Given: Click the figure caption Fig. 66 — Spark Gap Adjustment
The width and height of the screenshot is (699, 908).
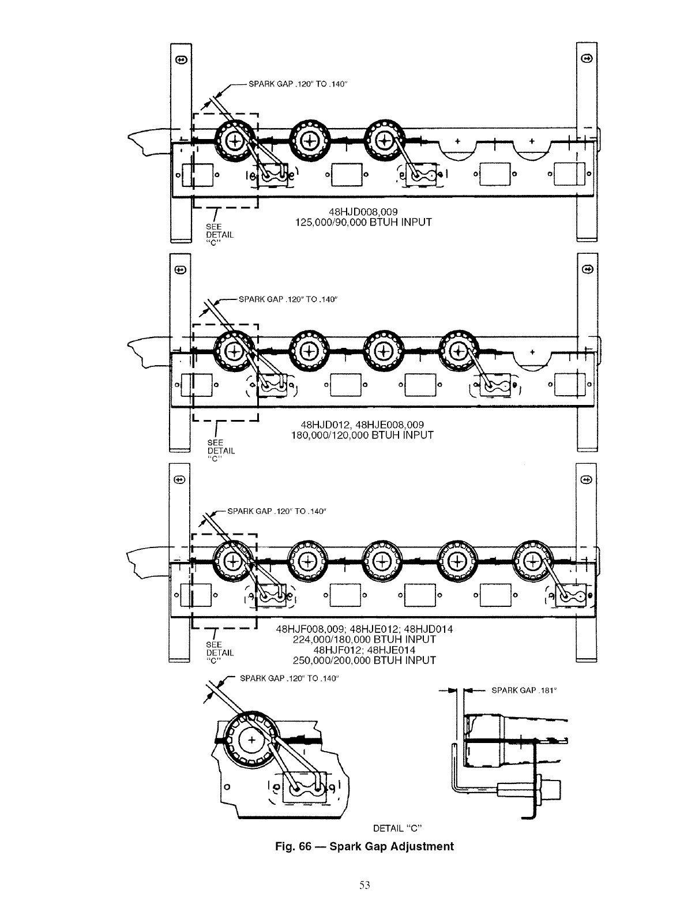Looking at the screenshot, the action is pos(363,846).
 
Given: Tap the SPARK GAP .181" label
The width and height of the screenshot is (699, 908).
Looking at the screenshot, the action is pos(524,690).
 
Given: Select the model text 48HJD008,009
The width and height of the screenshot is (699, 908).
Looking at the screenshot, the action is pos(360,212).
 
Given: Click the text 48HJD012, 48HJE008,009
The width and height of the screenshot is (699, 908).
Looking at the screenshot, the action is pos(363,425).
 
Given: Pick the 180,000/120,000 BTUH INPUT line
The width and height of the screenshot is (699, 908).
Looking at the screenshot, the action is pos(363,435).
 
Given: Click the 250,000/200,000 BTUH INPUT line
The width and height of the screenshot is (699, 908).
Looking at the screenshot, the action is pos(364,660).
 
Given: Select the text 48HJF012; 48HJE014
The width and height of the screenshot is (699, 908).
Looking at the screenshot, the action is pos(363,650).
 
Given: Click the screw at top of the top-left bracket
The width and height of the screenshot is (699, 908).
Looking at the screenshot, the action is pos(181,59).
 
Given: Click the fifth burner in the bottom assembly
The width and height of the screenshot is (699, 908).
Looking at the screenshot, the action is pos(532,560).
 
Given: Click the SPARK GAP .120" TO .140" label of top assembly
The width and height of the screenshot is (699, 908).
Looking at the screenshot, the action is pos(297,84).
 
